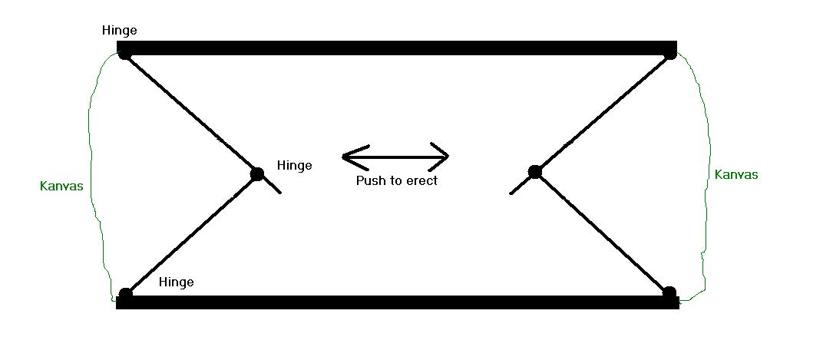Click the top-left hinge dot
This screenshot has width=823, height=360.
tap(124, 54)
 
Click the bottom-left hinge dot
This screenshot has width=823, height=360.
tap(126, 293)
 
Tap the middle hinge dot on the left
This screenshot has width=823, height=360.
tap(257, 173)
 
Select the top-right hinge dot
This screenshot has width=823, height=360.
tap(670, 54)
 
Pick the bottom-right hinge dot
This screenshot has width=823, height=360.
tap(669, 292)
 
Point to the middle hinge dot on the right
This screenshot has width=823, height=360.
tap(535, 172)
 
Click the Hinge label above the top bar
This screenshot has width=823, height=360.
tap(119, 31)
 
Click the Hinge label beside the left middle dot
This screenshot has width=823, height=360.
tap(294, 165)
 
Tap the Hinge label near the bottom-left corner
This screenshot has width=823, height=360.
tap(176, 282)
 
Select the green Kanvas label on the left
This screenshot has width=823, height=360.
tap(61, 186)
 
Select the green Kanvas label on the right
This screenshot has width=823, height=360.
tap(736, 174)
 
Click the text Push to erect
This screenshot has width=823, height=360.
tap(396, 181)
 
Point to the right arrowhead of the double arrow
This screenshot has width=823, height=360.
tap(445, 157)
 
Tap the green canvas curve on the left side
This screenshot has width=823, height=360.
tap(94, 177)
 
